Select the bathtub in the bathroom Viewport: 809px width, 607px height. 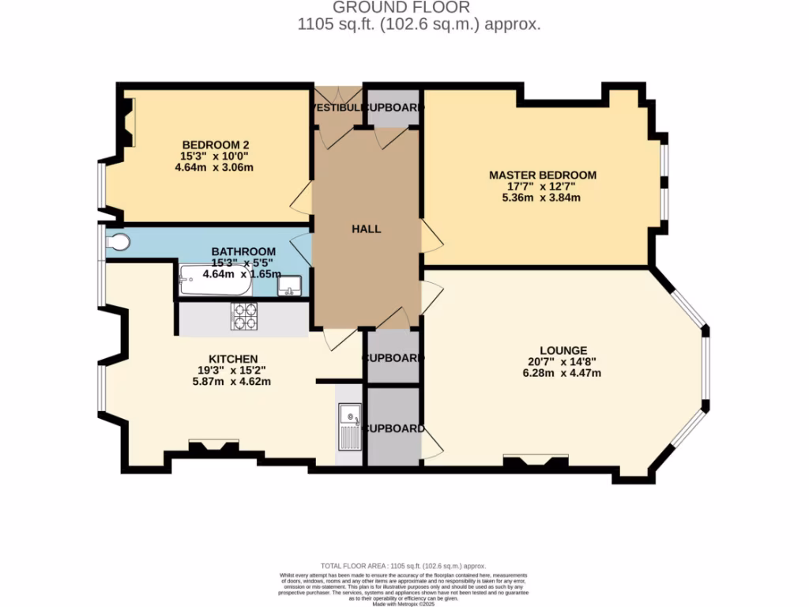(x=215, y=280)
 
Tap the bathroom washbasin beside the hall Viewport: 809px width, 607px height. (x=289, y=285)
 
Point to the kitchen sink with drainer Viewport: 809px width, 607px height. (x=349, y=427)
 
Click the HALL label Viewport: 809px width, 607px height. (x=367, y=229)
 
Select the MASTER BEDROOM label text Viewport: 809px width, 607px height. (x=542, y=175)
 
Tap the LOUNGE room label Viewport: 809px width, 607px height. (x=563, y=350)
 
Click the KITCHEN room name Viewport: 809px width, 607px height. (x=233, y=359)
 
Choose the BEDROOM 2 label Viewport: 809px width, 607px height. (x=216, y=145)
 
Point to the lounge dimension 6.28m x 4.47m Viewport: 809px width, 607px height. (x=563, y=373)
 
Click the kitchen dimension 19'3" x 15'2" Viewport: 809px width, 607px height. (x=233, y=370)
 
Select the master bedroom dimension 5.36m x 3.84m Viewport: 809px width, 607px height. (x=542, y=198)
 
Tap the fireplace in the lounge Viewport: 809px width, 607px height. (x=536, y=462)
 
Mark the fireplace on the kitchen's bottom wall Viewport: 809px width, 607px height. (x=213, y=448)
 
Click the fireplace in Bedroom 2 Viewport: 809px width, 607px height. (x=128, y=122)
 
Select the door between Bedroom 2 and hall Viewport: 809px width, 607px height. (x=302, y=202)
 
